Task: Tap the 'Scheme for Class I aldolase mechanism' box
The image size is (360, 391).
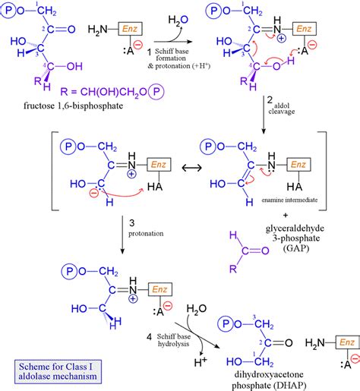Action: (51, 370)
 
